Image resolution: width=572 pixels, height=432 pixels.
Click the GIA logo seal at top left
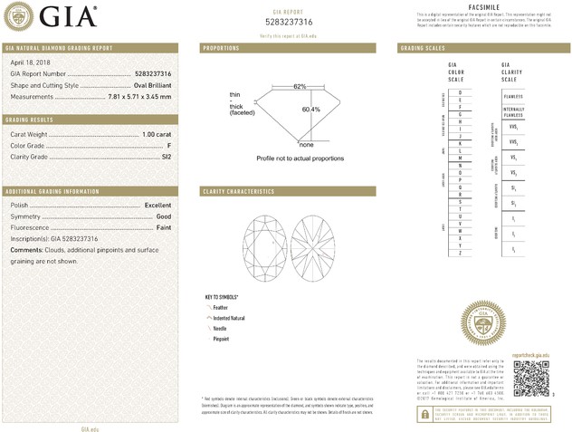coord(21,16)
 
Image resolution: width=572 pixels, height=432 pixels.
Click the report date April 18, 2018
coord(29,62)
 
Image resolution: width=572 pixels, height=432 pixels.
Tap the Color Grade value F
coord(168,145)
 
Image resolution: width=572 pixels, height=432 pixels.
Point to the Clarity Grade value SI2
coord(166,156)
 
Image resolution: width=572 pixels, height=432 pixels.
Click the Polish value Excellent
coord(157,206)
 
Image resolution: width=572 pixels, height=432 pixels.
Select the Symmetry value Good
coord(163,216)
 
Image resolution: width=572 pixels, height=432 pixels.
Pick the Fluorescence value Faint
coord(162,226)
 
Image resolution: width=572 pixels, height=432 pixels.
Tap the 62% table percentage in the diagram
coord(300,86)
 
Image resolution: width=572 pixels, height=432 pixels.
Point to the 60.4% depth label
coord(310,110)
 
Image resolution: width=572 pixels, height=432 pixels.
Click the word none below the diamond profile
coord(306,145)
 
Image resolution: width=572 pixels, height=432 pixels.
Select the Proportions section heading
coord(222,47)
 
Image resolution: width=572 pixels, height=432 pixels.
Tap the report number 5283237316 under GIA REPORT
coord(301,22)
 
